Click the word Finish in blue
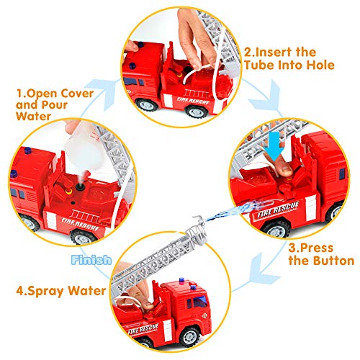tap(91, 260)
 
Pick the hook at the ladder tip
tap(199, 220)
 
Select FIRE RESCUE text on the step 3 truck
tap(278, 210)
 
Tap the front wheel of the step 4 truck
tap(189, 336)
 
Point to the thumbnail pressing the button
tap(286, 170)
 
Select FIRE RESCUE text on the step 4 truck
tap(143, 329)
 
